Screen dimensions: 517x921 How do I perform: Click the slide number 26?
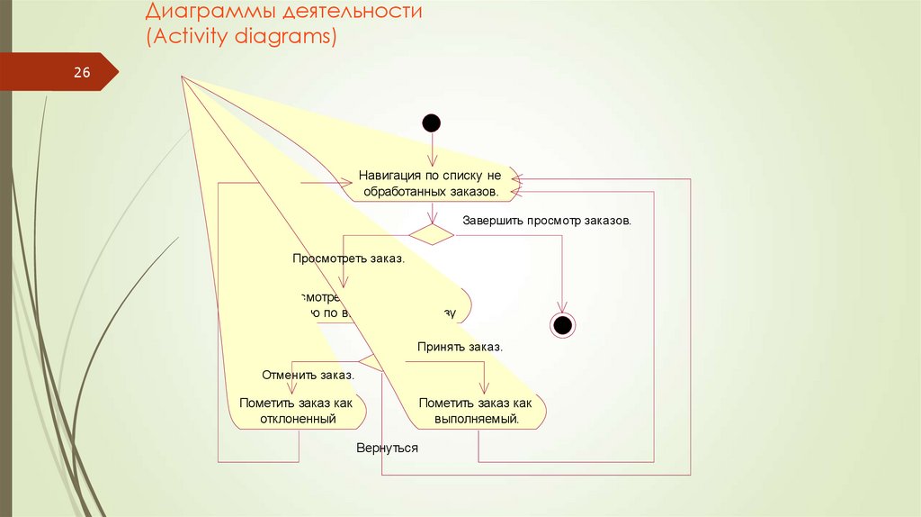tap(82, 73)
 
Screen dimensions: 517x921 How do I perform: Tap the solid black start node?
tap(432, 122)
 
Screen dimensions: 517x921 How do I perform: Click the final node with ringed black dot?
tap(563, 324)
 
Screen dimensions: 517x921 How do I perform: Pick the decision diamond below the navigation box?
tap(432, 234)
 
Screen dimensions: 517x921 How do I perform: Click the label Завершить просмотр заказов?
tap(547, 220)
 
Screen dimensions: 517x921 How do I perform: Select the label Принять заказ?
tap(460, 346)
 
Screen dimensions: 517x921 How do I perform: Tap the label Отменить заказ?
tap(308, 375)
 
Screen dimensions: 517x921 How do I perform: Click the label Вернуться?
tap(388, 447)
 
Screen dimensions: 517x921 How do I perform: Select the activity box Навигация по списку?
tap(430, 184)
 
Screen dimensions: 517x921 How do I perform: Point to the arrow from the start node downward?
tap(433, 149)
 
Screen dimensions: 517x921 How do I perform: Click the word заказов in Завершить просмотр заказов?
tap(607, 220)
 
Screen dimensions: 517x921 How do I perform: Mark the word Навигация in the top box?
tap(389, 176)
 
